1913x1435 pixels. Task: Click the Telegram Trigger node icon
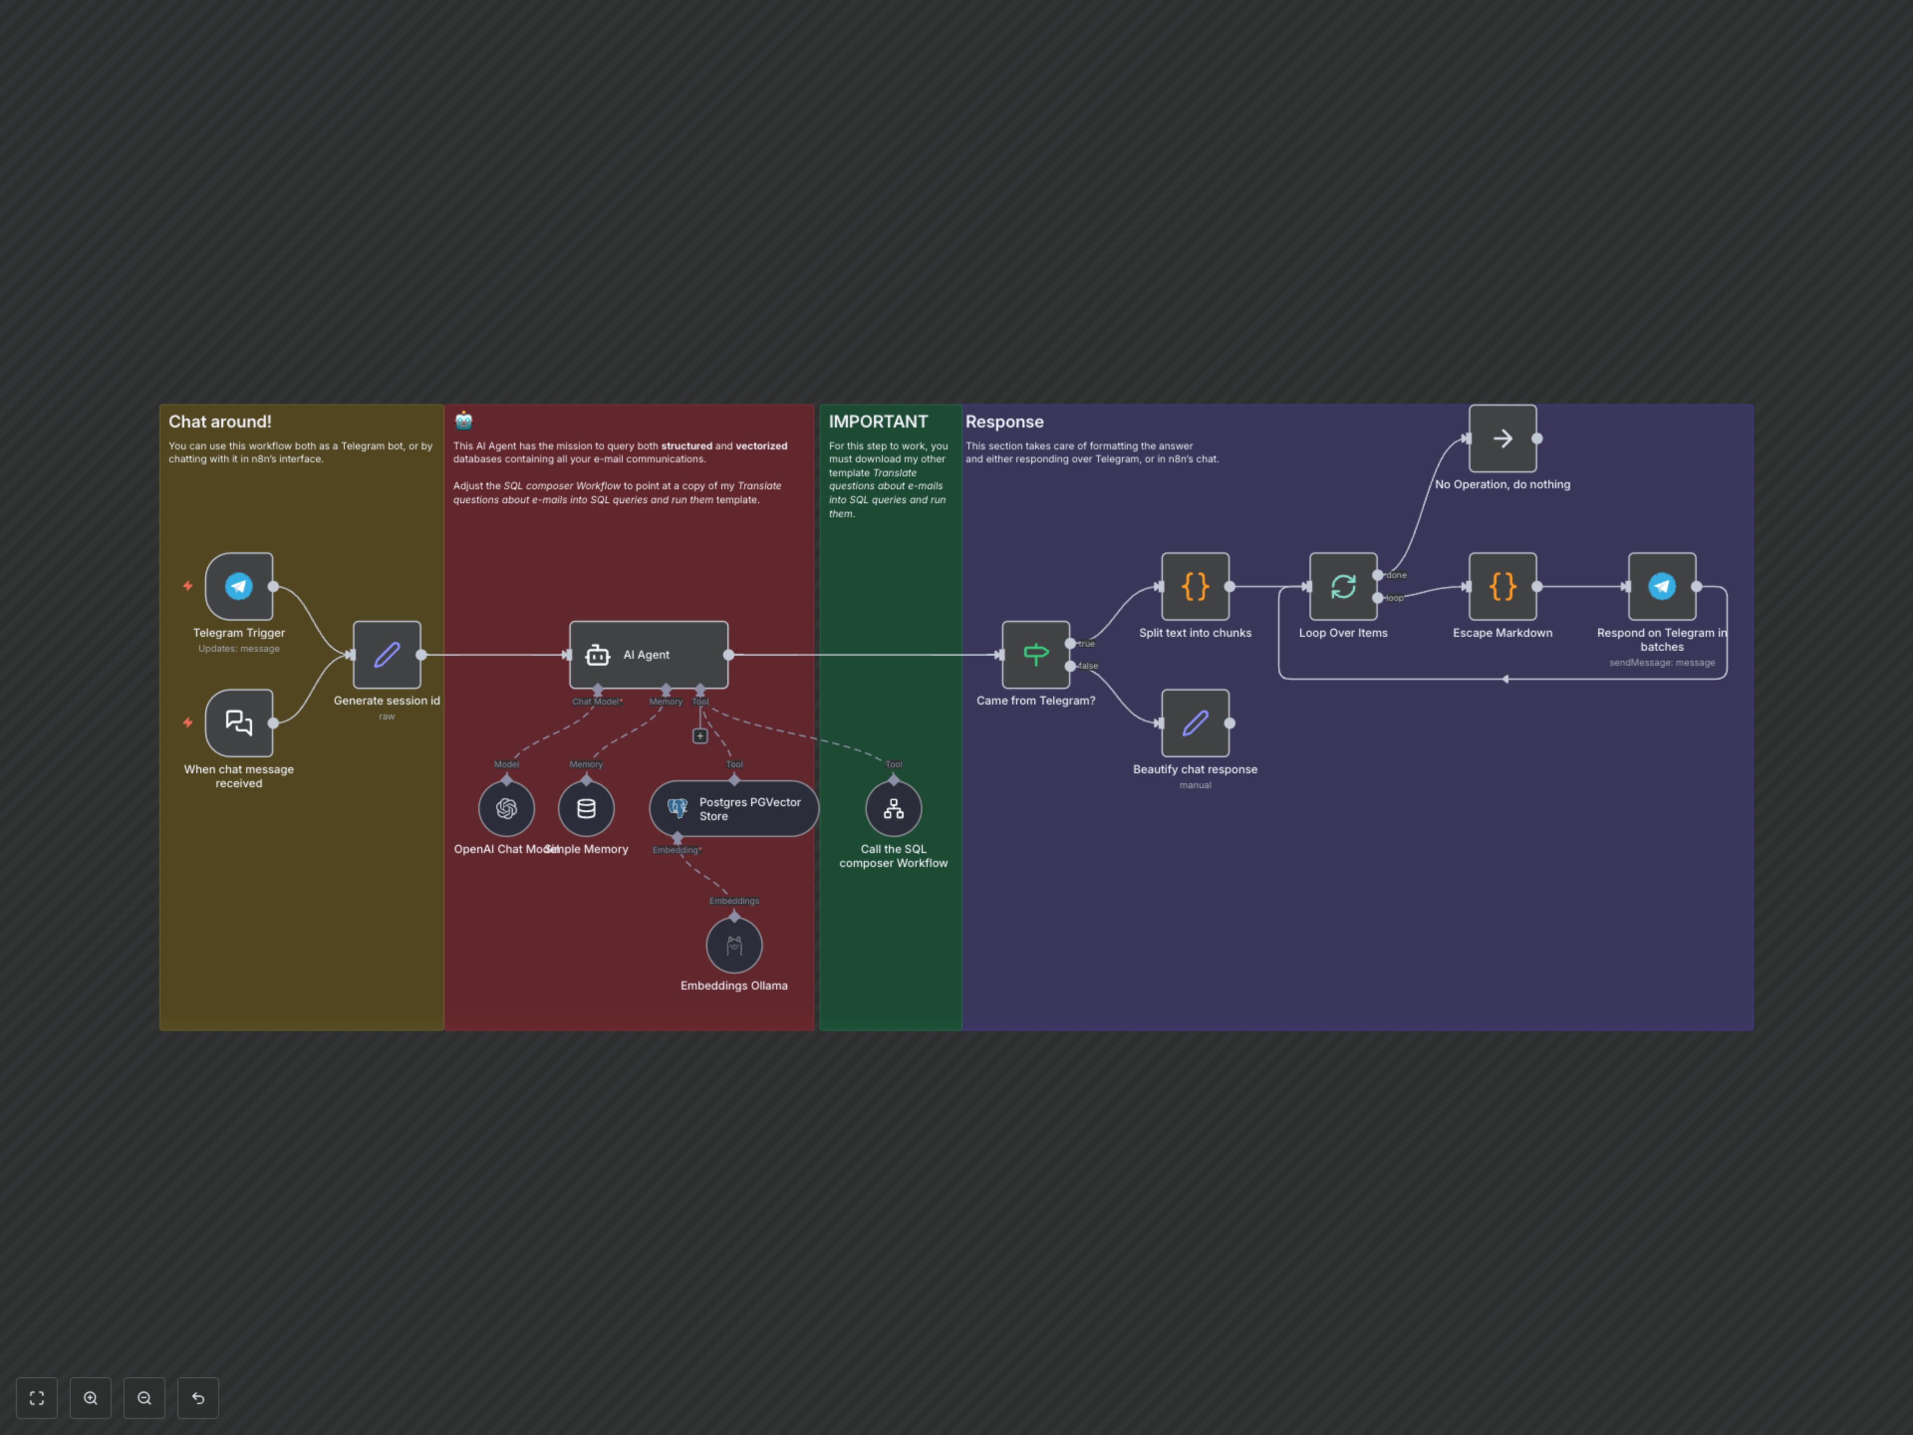pos(239,586)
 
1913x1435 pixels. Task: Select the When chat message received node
pos(239,723)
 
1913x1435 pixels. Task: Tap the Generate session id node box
pos(387,655)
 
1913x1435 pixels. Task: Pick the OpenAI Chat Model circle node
pos(506,809)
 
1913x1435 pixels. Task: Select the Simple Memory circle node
pos(586,809)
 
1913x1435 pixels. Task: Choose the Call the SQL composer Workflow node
pos(893,809)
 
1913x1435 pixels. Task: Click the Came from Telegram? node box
pos(1035,655)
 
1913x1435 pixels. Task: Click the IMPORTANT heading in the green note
pos(878,422)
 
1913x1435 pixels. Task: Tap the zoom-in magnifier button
pos(91,1398)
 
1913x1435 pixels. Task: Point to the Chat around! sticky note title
pos(220,422)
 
